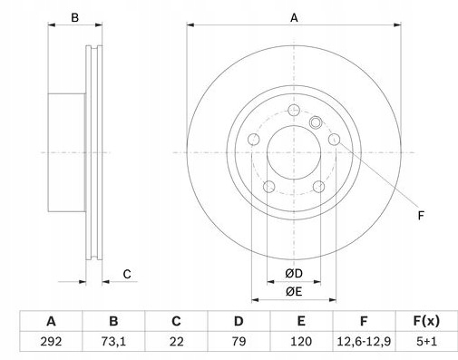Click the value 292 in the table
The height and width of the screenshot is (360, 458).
click(x=51, y=342)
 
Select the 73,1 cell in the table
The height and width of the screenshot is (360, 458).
click(x=113, y=342)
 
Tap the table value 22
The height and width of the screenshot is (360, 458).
click(x=176, y=342)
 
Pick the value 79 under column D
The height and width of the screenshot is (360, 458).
click(x=239, y=342)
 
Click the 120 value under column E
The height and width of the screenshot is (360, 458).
click(x=301, y=342)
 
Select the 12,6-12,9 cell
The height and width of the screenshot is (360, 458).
click(x=364, y=342)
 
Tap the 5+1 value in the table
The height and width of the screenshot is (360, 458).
click(x=426, y=342)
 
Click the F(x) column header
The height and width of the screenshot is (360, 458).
click(x=426, y=321)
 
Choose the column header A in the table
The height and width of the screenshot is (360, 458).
click(x=51, y=321)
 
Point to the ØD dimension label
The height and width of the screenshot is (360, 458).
click(x=294, y=274)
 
